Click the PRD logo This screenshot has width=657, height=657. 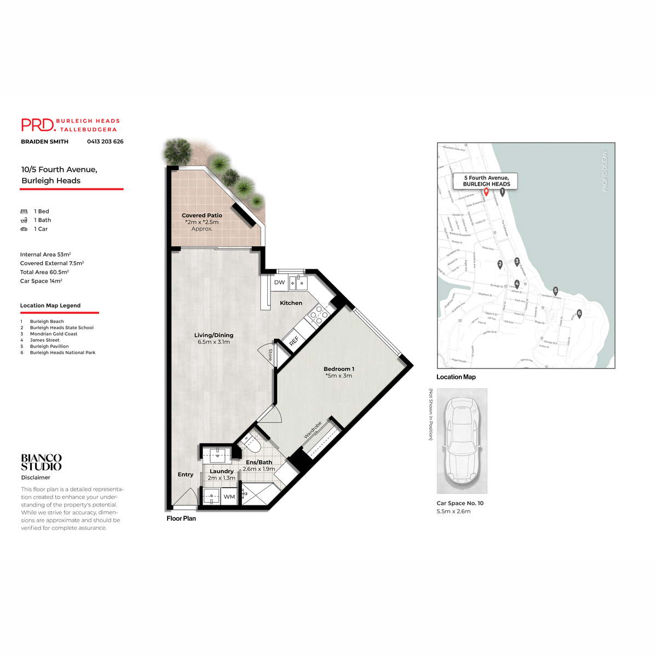(x=38, y=125)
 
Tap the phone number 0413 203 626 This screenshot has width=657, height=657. (x=105, y=142)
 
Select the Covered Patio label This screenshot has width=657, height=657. (x=202, y=216)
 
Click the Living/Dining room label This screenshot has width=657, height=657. (x=214, y=335)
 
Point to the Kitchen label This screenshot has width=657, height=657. (x=291, y=303)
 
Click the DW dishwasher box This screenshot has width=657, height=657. (x=279, y=283)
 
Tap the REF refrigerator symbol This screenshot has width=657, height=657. (x=294, y=341)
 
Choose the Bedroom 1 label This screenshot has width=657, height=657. (x=339, y=369)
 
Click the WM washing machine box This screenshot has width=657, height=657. (x=229, y=497)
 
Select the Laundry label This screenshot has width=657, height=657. (x=222, y=471)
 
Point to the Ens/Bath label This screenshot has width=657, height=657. (x=259, y=462)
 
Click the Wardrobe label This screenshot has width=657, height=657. (x=313, y=430)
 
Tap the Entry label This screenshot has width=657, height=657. (x=186, y=475)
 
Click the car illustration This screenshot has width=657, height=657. (x=462, y=441)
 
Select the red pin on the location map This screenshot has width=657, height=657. (x=486, y=192)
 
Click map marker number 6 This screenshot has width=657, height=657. (x=579, y=314)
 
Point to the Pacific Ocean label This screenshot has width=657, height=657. (x=605, y=171)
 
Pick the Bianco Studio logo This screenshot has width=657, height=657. (x=41, y=462)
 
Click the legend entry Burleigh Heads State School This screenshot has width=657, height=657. (x=61, y=328)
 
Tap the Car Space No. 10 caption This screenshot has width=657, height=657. (x=460, y=503)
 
